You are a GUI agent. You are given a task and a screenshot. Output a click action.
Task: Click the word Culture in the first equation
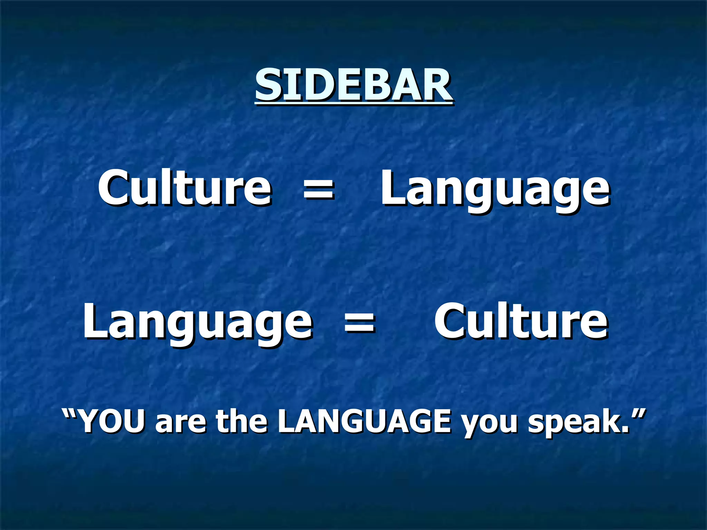185,188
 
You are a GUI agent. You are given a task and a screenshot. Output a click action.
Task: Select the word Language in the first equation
495,190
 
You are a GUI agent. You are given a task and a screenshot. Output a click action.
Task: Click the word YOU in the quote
111,422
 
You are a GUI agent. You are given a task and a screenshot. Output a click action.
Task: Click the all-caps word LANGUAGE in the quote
364,422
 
